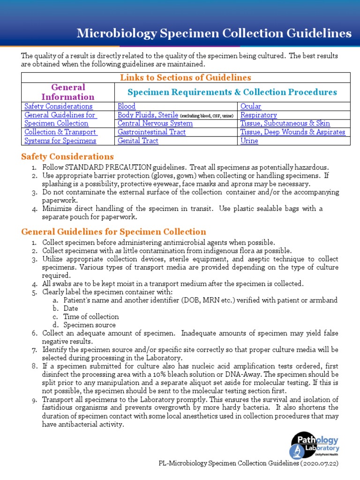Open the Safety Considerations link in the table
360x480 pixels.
tap(58, 106)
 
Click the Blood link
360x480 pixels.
tap(127, 106)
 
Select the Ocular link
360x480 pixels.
tap(251, 106)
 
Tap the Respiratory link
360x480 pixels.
tap(259, 115)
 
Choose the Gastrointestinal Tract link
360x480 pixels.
tap(151, 132)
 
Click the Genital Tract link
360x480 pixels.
tap(138, 141)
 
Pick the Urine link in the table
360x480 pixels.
tap(249, 141)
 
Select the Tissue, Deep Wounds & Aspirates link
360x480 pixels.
tap(293, 132)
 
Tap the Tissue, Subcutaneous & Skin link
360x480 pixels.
tap(285, 123)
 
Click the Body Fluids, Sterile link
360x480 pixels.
tap(148, 115)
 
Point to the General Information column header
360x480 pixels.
tap(68, 92)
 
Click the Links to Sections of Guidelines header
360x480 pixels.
tap(186, 77)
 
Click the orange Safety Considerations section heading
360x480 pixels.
tap(67, 157)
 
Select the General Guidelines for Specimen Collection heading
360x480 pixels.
tap(113, 232)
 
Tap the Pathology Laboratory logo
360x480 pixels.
tap(315, 445)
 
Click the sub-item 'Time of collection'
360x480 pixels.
tap(91, 316)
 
